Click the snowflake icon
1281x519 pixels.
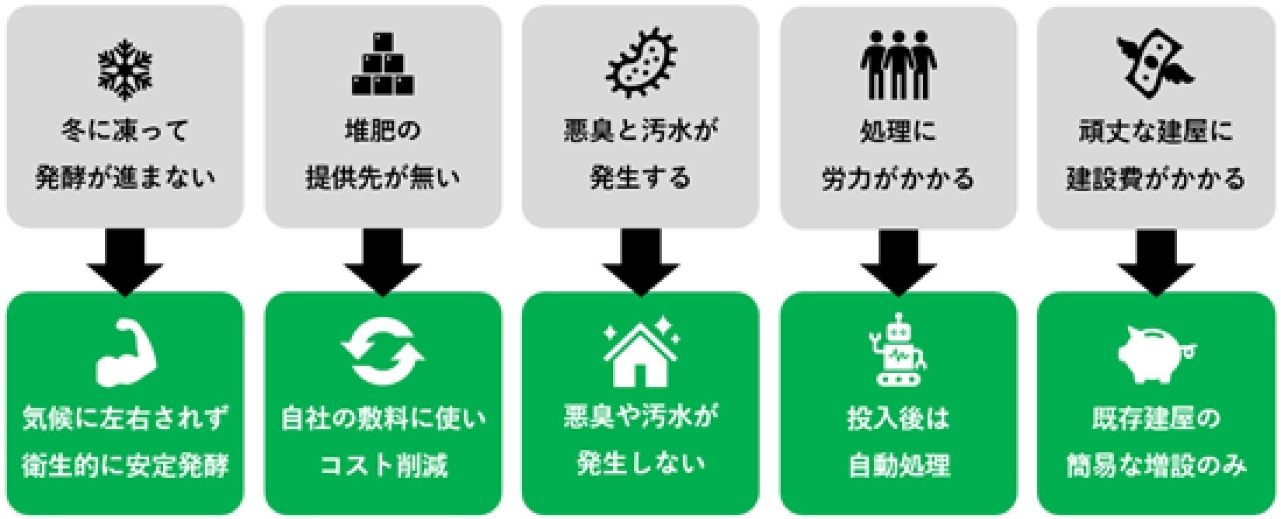[124, 68]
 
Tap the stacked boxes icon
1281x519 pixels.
[382, 65]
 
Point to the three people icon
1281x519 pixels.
[898, 65]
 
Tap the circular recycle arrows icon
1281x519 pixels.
[383, 354]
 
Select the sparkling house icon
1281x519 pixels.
[641, 351]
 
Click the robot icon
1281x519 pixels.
[899, 350]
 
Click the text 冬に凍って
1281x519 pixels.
[125, 131]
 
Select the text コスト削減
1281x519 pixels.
[383, 465]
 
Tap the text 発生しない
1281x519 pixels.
[641, 464]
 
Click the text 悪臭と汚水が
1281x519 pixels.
[641, 131]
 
